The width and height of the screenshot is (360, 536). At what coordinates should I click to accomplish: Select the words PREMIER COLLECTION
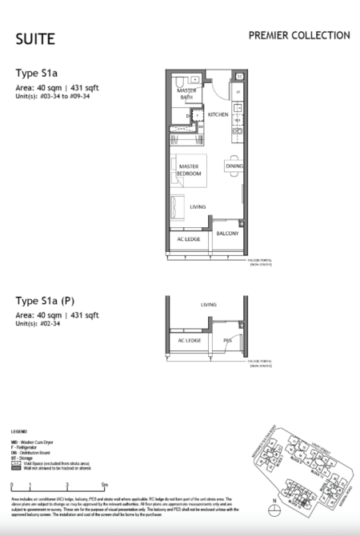pos(298,36)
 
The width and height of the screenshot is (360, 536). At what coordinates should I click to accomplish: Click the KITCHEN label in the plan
pos(218,115)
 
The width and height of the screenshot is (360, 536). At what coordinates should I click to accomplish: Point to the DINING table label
pos(234,166)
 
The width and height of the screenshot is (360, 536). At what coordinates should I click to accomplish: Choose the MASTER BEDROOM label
pos(190,170)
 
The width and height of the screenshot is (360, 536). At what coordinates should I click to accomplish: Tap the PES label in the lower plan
pos(227,339)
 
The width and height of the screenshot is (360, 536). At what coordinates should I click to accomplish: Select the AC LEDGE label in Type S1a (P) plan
pos(189,339)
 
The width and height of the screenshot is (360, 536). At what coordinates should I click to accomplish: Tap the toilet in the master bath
pos(183,81)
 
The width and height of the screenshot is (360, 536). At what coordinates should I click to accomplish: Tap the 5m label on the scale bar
pos(104,485)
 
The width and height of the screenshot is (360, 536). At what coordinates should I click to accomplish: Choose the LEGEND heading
pos(21,431)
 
